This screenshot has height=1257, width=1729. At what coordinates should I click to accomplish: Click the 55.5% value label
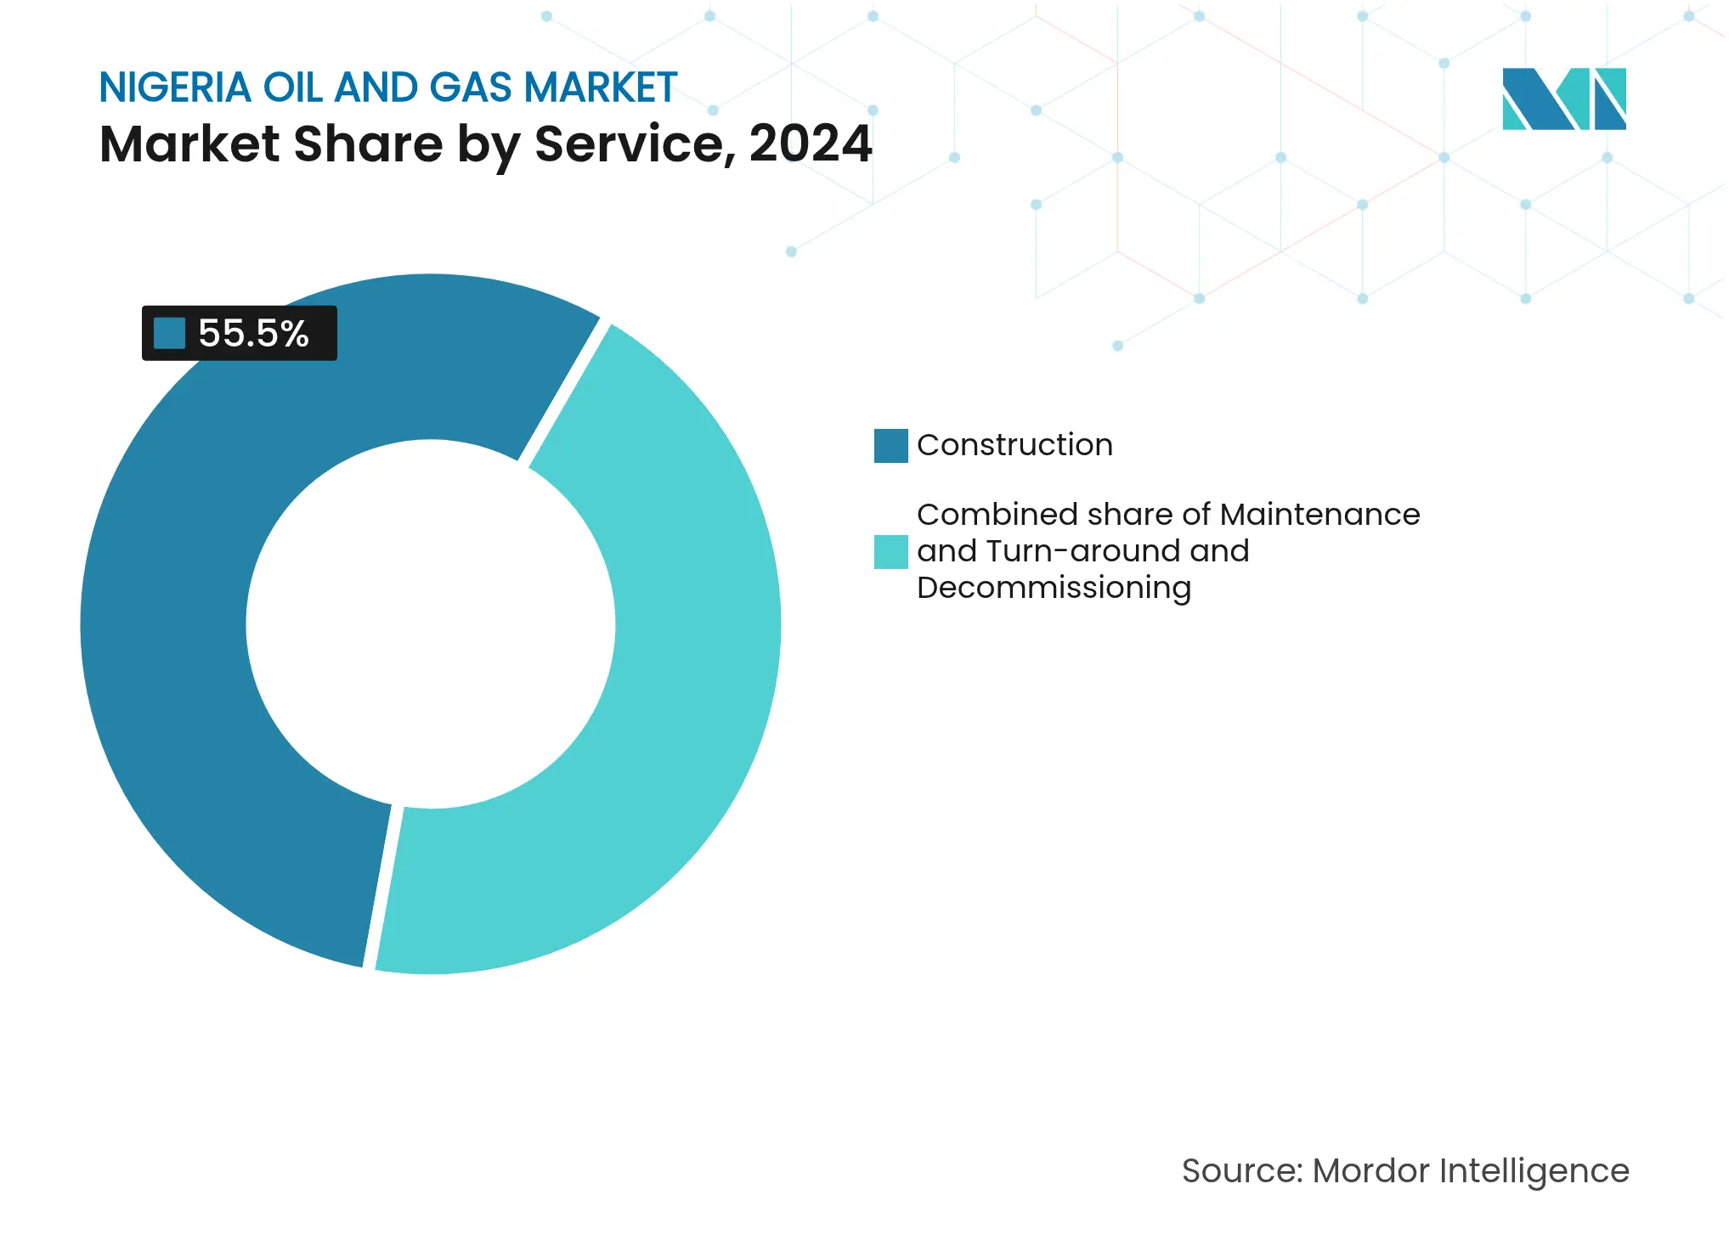253,334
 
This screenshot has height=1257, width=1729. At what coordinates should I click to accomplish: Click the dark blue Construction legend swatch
890,446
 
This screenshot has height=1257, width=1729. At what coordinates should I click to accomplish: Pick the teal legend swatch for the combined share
890,552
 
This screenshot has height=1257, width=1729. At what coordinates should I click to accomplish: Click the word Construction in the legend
1014,445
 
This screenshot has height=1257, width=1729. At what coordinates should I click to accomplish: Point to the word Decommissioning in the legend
1054,588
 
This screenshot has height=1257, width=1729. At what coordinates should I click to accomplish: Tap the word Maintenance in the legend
1319,515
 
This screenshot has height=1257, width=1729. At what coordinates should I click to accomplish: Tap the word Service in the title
634,144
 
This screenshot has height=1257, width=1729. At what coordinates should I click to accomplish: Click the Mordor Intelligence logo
1563,99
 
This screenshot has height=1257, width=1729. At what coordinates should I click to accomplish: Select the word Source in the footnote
1240,1171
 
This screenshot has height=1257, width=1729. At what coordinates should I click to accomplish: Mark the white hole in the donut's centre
431,624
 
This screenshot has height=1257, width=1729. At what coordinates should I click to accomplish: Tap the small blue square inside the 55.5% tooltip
169,334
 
